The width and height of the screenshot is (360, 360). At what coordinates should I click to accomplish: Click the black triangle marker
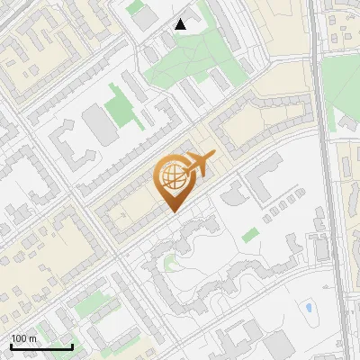(181, 24)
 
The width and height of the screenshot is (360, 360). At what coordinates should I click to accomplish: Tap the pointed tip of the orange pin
(173, 212)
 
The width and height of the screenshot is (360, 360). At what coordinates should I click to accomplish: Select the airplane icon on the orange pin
(200, 165)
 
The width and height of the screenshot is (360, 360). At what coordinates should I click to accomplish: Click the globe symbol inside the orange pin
(172, 179)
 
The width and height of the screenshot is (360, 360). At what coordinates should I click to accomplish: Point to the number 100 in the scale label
(19, 338)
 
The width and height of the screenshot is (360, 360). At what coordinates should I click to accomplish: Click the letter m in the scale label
(32, 338)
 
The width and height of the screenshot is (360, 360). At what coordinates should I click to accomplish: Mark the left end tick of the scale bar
(10, 346)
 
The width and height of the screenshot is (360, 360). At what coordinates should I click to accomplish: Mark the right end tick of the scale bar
(72, 346)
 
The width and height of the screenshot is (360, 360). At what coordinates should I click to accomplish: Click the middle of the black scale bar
(40, 346)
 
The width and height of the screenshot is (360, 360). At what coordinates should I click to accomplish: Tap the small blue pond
(309, 308)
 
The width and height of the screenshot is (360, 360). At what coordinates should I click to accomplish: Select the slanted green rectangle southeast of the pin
(250, 235)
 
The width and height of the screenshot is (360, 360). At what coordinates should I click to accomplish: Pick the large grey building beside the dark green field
(98, 126)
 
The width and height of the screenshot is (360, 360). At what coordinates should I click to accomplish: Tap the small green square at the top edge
(135, 7)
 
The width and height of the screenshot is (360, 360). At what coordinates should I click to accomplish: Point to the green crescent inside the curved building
(168, 264)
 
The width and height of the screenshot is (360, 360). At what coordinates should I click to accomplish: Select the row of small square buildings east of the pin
(280, 211)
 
